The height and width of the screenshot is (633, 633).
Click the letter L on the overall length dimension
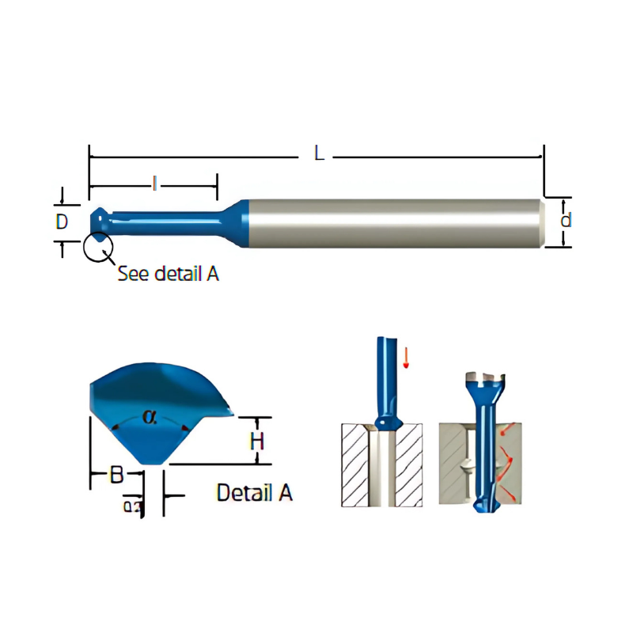319,154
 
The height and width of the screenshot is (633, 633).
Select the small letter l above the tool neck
155,184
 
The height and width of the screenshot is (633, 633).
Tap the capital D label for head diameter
62,222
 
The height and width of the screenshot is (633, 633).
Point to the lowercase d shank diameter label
565,221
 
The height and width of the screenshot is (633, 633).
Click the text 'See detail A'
168,274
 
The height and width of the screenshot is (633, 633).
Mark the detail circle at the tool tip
98,246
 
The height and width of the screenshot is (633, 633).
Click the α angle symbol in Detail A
150,416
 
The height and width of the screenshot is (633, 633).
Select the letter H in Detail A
256,441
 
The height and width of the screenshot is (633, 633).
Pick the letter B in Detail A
116,476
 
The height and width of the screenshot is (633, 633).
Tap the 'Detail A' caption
254,492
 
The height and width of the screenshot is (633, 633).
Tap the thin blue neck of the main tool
166,219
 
